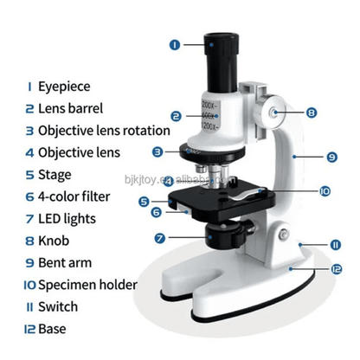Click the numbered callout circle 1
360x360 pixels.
(x=174, y=43)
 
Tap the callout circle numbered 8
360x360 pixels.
(x=312, y=112)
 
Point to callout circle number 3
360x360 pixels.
(x=157, y=151)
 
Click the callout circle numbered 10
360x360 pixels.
(x=300, y=190)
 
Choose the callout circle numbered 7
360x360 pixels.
(x=161, y=237)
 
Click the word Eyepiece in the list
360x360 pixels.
(x=64, y=87)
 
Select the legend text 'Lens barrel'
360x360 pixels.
(x=70, y=109)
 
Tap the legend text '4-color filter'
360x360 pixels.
(x=75, y=196)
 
